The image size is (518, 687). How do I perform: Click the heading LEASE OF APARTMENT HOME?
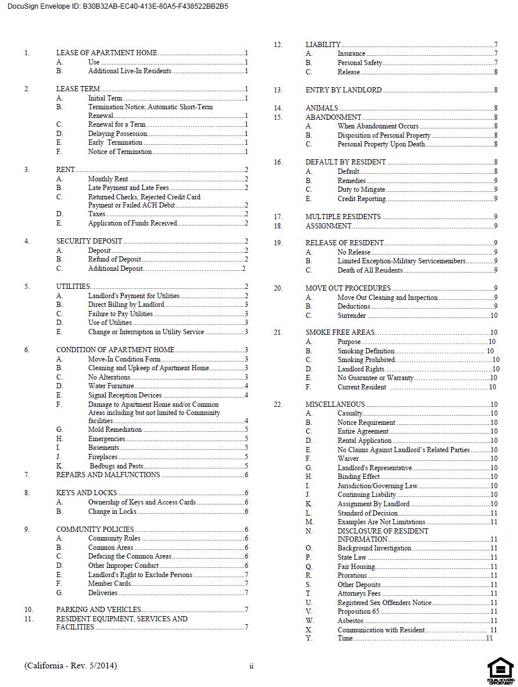(x=106, y=53)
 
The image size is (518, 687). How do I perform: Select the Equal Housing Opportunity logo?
(x=500, y=670)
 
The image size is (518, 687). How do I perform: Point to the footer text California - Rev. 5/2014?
(x=71, y=665)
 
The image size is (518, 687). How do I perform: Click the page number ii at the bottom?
(x=251, y=666)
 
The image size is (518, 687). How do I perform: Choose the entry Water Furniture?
(x=111, y=386)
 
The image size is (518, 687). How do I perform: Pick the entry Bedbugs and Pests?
(x=116, y=466)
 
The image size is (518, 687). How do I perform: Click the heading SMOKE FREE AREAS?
(x=340, y=332)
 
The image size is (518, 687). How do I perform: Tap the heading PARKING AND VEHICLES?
(x=98, y=610)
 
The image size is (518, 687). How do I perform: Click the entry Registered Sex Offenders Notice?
(x=384, y=603)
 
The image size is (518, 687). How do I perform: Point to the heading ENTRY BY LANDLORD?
(x=344, y=90)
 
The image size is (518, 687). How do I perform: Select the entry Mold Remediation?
(x=115, y=430)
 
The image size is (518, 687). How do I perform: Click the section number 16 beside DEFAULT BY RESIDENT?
(x=278, y=162)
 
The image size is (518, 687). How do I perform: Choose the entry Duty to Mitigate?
(x=361, y=189)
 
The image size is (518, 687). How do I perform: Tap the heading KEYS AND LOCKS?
(x=87, y=493)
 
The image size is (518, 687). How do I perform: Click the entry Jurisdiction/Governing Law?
(x=377, y=486)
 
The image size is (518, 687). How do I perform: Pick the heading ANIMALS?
(x=321, y=108)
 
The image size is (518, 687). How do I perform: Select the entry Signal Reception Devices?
(x=125, y=395)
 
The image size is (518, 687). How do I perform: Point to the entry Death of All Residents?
(x=370, y=270)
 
